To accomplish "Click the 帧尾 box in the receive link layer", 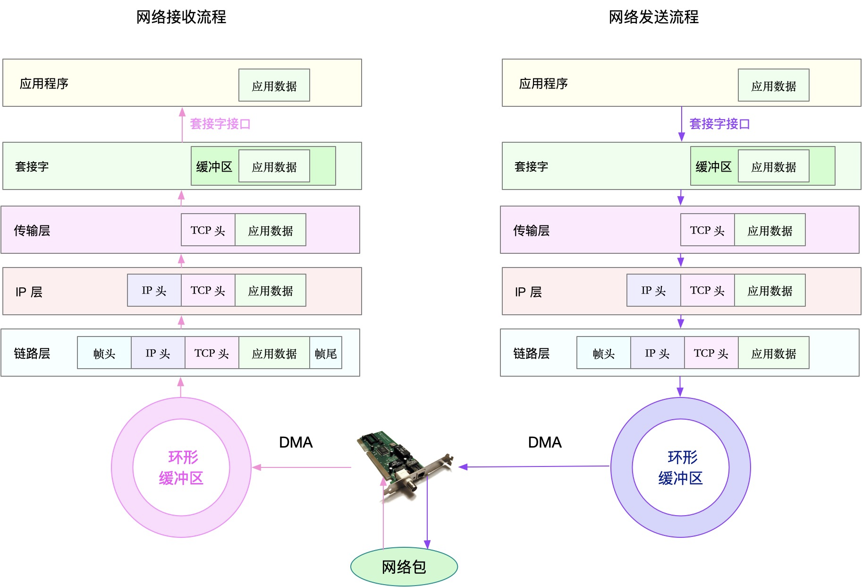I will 326,353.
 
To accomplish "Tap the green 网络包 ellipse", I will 404,567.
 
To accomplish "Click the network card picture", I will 404,461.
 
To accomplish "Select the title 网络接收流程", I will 181,17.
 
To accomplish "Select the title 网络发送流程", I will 653,17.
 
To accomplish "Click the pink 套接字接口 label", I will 220,124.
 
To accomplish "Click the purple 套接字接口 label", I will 719,124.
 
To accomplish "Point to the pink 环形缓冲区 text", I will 182,468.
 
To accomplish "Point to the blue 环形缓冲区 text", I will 681,468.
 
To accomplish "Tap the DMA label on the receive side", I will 296,442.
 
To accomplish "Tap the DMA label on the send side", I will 545,442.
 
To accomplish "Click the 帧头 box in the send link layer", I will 604,353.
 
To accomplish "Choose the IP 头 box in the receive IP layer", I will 154,290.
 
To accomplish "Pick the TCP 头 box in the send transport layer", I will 707,230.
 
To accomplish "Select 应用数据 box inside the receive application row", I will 274,86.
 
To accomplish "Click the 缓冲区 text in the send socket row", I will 713,167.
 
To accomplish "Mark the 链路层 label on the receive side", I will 32,353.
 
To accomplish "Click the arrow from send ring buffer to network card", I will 533,466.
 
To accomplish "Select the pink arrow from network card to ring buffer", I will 302,467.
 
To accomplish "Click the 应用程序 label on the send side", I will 543,84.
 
